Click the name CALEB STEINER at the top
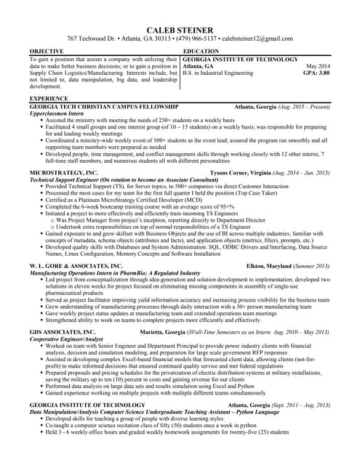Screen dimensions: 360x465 pyautogui.click(x=180, y=27)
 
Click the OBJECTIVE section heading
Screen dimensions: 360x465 pyautogui.click(x=47, y=51)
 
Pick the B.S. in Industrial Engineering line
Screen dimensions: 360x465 pyautogui.click(x=223, y=73)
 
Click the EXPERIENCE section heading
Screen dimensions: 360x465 pyautogui.click(x=49, y=98)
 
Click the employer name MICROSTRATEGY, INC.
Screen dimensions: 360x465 pyautogui.click(x=63, y=173)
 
